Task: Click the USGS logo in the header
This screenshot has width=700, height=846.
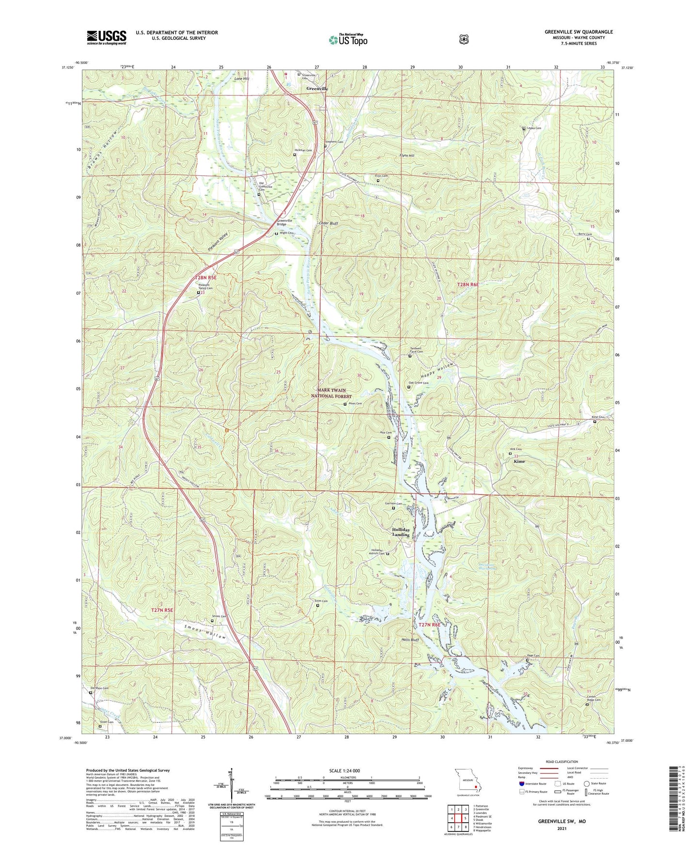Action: [x=107, y=37]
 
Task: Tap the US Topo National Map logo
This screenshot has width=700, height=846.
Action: [x=348, y=39]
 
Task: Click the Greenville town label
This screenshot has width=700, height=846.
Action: [x=317, y=89]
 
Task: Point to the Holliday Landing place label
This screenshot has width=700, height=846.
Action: [x=401, y=532]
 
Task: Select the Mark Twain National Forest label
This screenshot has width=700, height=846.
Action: [x=331, y=393]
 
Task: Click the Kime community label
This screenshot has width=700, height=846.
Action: [x=519, y=461]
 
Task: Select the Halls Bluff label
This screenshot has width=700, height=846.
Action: [x=410, y=640]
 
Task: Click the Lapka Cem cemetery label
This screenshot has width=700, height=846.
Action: [x=534, y=128]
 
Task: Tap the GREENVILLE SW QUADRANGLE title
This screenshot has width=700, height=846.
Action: [x=578, y=32]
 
